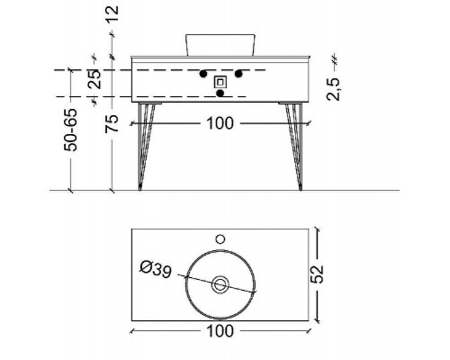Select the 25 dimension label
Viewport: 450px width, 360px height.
click(x=94, y=79)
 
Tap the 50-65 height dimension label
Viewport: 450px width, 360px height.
click(x=71, y=130)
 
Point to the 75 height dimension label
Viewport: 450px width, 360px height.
click(x=112, y=123)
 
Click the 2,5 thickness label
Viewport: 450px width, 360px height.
click(x=333, y=89)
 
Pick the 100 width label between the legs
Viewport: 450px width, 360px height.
click(x=220, y=123)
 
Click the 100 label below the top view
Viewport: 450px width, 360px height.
click(x=220, y=331)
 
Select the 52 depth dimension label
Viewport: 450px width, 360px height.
click(x=317, y=274)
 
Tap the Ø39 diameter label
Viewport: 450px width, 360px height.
click(x=156, y=269)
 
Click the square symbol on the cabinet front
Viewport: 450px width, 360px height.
click(x=220, y=82)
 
